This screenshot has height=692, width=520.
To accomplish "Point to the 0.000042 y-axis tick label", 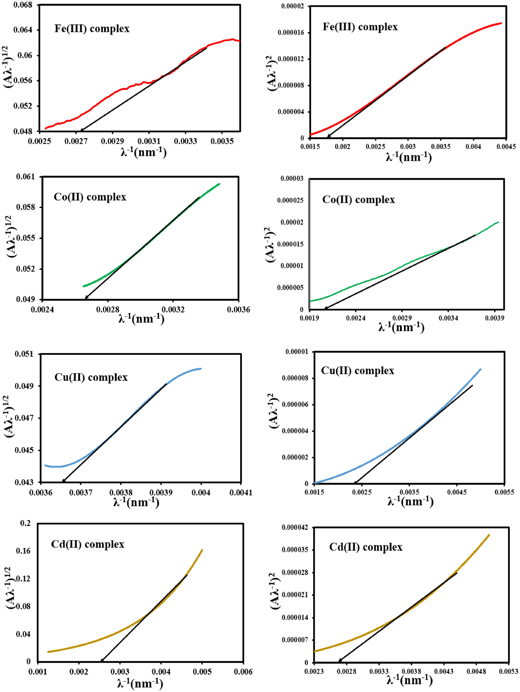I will [x=295, y=528].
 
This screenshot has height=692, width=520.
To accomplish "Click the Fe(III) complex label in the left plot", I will [x=92, y=29].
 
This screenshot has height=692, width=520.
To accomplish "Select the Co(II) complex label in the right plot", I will [x=358, y=200].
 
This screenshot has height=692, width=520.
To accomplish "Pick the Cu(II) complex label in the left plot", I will [x=91, y=377].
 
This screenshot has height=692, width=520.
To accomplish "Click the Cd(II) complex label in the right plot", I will [x=366, y=547].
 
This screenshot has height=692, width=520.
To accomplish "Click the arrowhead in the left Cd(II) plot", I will [x=102, y=660].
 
